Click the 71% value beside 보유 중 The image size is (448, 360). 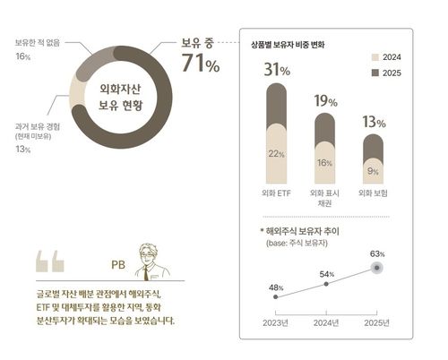pyautogui.click(x=200, y=64)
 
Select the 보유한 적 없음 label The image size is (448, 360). pyautogui.click(x=39, y=42)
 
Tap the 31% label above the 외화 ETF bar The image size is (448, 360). pyautogui.click(x=276, y=70)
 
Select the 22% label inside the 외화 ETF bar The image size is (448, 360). pyautogui.click(x=276, y=154)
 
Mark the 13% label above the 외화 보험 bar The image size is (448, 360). pyautogui.click(x=374, y=123)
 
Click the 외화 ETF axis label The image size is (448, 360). pyautogui.click(x=276, y=193)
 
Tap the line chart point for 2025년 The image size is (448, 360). pyautogui.click(x=379, y=268)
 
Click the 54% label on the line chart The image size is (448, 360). pyautogui.click(x=326, y=273)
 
